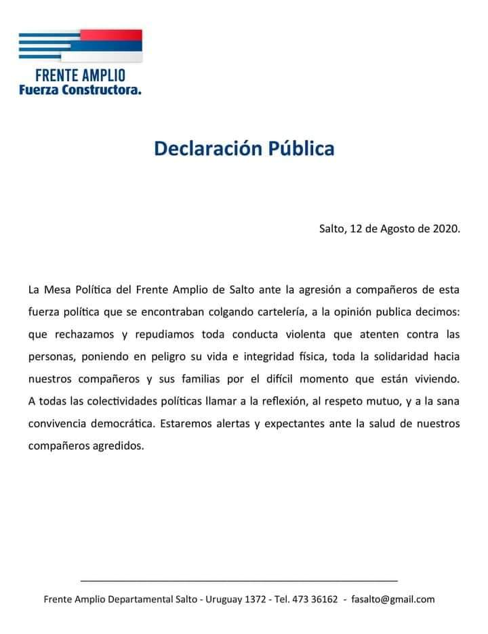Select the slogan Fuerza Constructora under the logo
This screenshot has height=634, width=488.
80,89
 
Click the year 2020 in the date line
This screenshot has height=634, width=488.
445,228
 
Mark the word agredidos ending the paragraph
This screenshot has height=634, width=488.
117,446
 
